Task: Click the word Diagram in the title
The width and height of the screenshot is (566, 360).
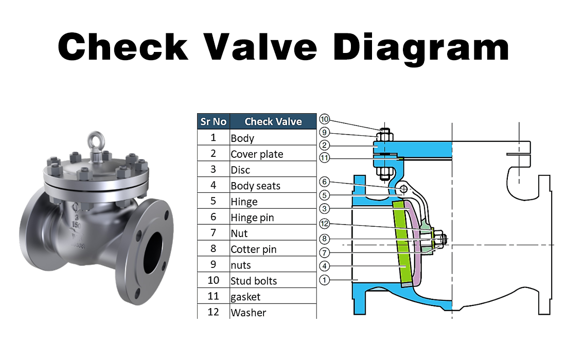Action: pos(421,46)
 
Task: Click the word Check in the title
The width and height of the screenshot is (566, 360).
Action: pos(123,46)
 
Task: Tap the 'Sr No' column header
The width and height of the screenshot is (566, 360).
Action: pos(213,121)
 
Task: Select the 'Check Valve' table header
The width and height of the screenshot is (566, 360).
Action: pos(273,121)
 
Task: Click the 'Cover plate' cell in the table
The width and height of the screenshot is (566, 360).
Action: pos(257,154)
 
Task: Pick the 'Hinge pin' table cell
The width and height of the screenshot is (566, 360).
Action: pos(252,218)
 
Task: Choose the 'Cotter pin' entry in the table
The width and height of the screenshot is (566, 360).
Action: pos(253,249)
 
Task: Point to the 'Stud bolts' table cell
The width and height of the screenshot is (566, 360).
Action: pos(254,281)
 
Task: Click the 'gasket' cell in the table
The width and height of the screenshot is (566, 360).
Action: pos(245,297)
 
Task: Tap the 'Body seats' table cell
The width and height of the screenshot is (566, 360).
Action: pos(255,186)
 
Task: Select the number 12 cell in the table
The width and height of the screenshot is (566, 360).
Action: pos(213,312)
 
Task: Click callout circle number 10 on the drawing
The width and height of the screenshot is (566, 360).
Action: pos(324,120)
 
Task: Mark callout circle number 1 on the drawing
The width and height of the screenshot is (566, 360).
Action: pos(324,280)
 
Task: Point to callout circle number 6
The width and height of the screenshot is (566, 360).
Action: pos(324,182)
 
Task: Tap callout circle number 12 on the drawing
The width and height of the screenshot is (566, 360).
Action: pos(324,224)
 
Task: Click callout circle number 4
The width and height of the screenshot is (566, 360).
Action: pos(324,266)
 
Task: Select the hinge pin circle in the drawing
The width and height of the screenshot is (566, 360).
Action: pos(404,189)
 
